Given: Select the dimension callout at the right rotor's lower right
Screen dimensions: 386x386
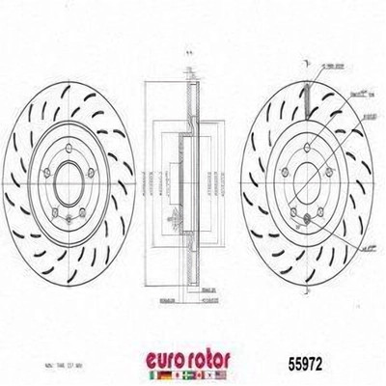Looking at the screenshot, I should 367,249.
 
